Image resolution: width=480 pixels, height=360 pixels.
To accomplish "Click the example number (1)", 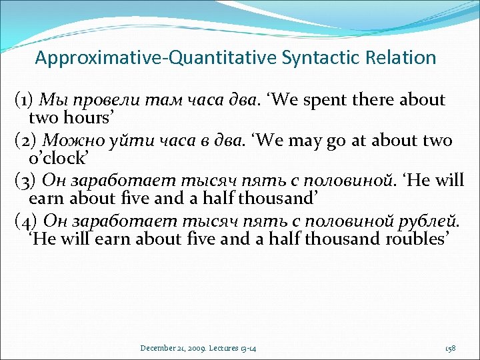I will pyautogui.click(x=25, y=101).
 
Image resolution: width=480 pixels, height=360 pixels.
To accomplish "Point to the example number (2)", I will pyautogui.click(x=26, y=141).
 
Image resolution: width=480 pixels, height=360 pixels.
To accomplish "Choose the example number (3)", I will pyautogui.click(x=26, y=181).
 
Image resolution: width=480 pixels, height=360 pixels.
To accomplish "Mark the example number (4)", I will pyautogui.click(x=26, y=221).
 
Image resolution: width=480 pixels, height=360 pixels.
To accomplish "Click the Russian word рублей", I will pyautogui.click(x=431, y=221).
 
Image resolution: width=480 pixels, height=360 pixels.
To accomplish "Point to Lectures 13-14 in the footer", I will pyautogui.click(x=235, y=348).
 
